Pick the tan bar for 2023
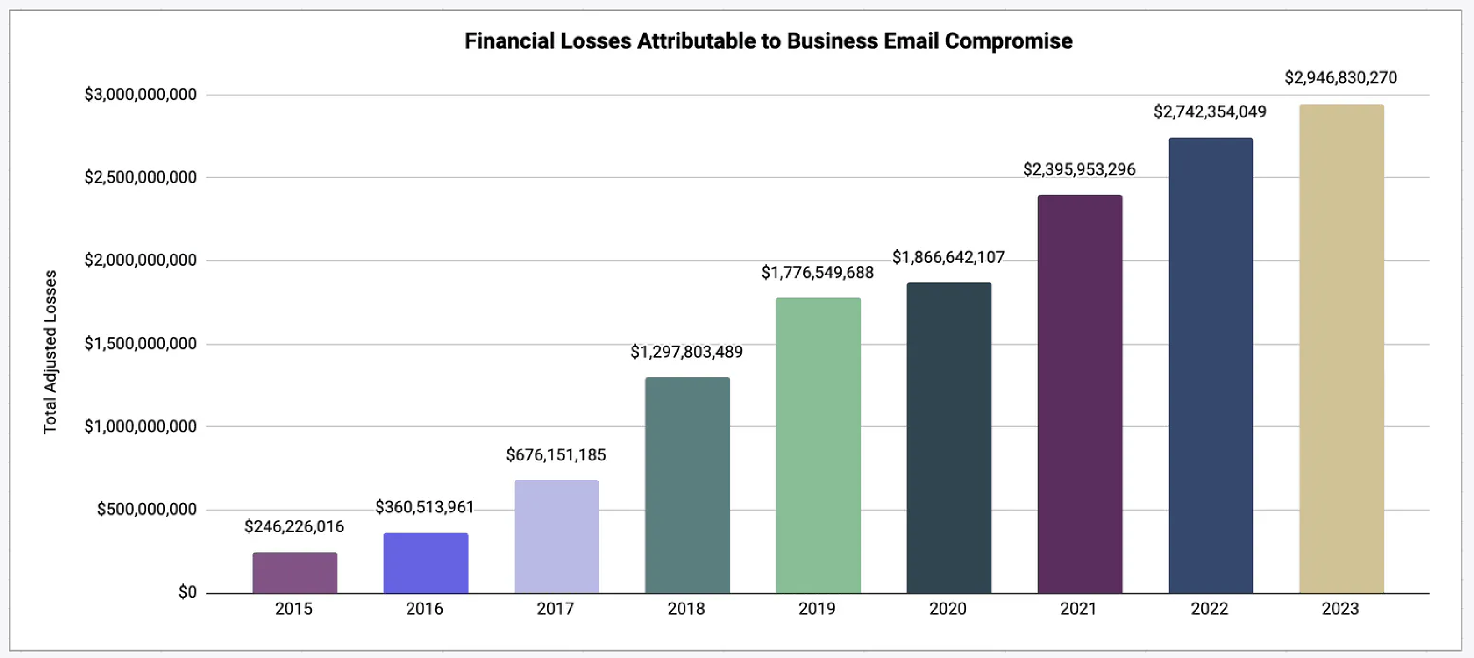(1341, 348)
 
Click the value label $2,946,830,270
(1341, 78)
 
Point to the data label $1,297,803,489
(687, 352)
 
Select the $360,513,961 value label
(425, 507)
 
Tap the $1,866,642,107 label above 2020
(948, 257)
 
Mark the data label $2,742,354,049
(1210, 112)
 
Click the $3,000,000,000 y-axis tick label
(141, 95)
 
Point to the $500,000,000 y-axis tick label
(146, 509)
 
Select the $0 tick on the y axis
(187, 592)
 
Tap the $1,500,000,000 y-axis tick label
(141, 343)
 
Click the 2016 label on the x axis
(425, 609)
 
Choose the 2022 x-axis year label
(1210, 609)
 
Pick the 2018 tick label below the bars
(687, 609)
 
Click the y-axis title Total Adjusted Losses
(50, 352)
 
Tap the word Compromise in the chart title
(1008, 41)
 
